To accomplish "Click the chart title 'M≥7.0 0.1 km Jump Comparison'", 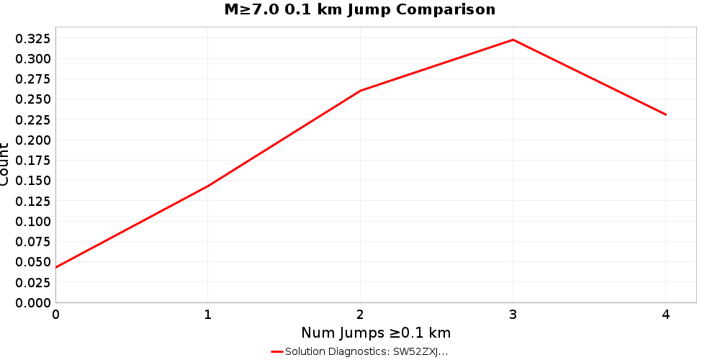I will pos(360,9).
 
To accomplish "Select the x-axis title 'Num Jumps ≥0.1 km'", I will pos(376,333).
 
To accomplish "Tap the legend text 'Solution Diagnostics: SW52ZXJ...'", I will pos(366,351).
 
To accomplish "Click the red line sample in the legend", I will pos(277,351).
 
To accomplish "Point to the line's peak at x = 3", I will pos(513,40).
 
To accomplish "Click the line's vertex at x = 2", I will pos(360,91).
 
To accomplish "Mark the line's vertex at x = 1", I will pos(208,186).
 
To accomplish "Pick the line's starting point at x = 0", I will pos(56,268).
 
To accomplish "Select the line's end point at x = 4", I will pos(665,114).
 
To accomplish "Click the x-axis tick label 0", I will pos(56,314).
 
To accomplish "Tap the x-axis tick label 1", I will pos(208,314).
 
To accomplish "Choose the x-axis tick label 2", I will pos(360,314).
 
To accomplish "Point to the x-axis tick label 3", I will pos(513,314).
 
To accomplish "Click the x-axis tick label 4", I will pos(665,314).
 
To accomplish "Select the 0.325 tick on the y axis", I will pos(33,38).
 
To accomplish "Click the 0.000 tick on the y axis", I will pos(33,303).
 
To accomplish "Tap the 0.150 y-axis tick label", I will pos(33,181).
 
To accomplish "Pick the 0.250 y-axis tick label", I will pos(33,99).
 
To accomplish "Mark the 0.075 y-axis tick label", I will pos(33,242).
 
